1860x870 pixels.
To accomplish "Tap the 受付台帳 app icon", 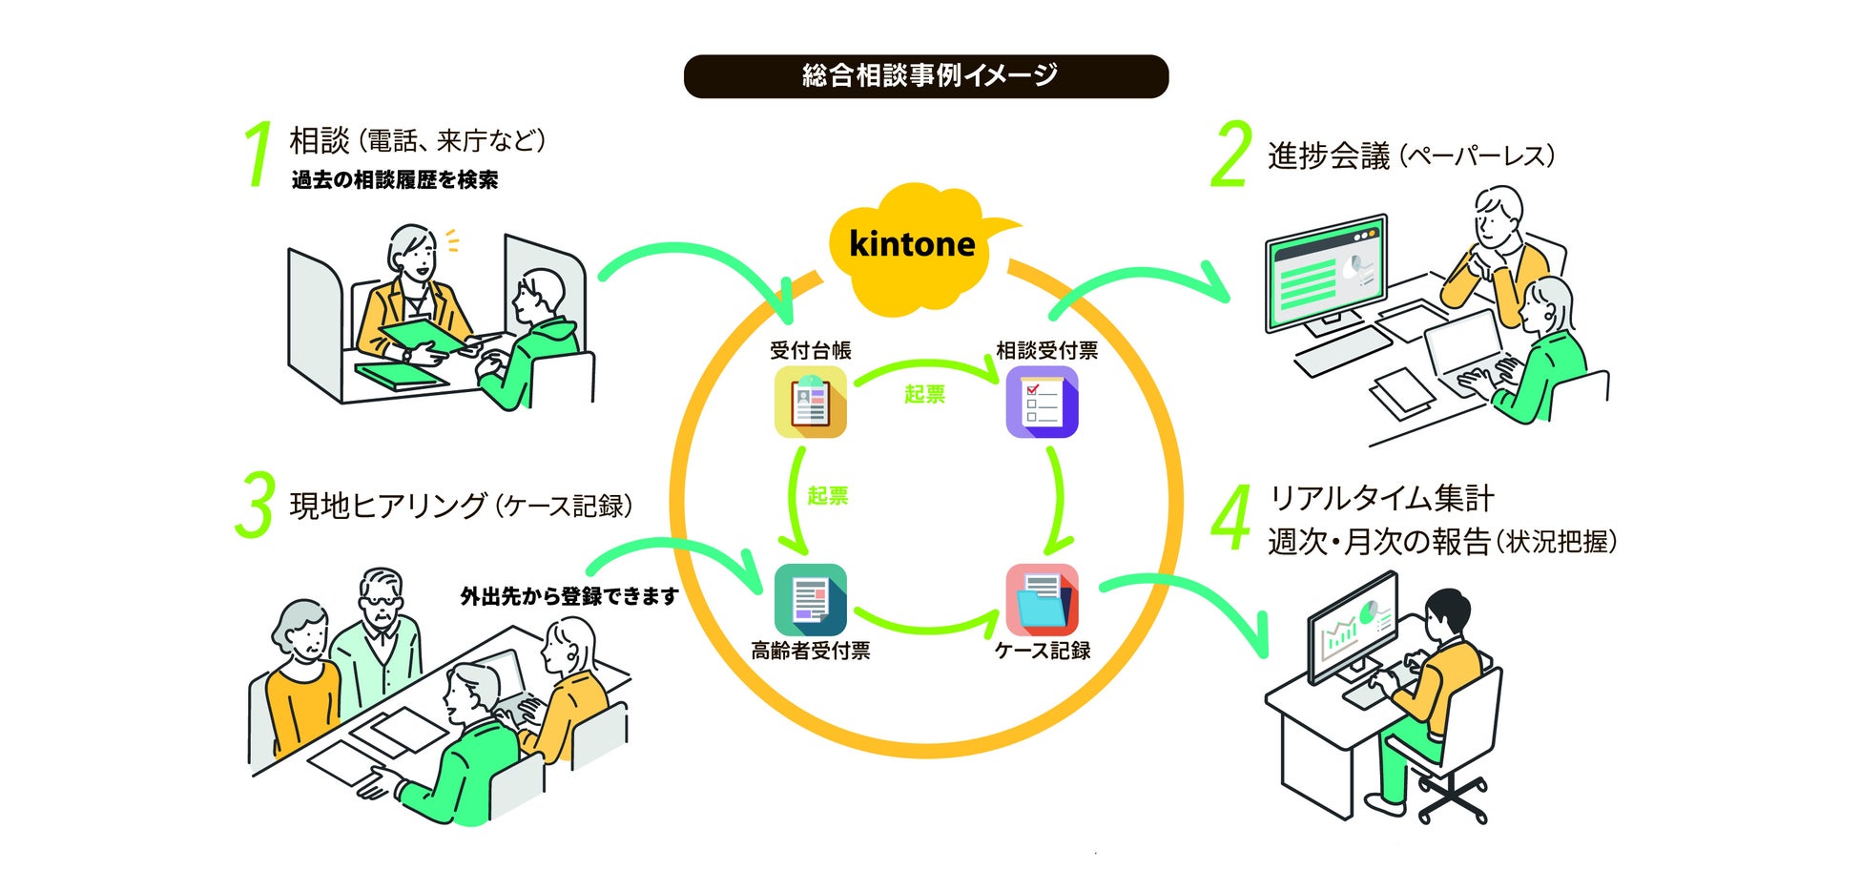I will point(810,402).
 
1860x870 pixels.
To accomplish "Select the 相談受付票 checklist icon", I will point(1042,402).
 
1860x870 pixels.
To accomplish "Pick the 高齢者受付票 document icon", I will point(810,600).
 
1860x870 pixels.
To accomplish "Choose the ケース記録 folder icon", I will point(1042,600).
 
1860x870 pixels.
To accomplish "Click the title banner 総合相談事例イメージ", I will point(926,76).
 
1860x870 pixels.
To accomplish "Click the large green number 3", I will point(255,505).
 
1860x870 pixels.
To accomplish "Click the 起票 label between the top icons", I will point(924,394).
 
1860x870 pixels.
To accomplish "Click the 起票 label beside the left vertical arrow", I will point(827,495).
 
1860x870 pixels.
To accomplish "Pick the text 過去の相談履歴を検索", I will point(395,180).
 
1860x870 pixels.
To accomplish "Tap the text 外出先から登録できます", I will point(569,596).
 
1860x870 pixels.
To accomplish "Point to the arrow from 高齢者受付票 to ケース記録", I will point(925,626).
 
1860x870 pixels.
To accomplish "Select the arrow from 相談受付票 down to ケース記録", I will point(1056,501).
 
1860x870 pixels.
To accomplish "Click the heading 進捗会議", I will point(1329,155).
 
